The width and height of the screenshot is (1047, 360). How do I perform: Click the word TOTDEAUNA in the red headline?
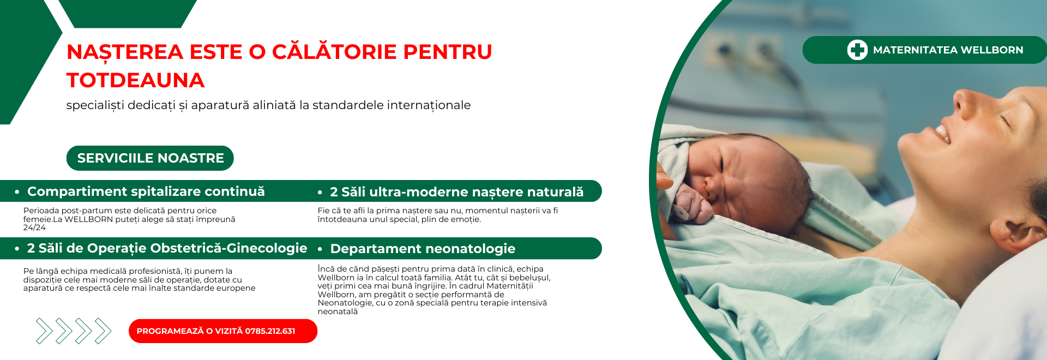[x=135, y=80]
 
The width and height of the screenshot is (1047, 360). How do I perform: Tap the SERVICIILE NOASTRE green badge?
[x=150, y=158]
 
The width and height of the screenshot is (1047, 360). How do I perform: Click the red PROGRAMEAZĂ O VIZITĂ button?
[x=223, y=331]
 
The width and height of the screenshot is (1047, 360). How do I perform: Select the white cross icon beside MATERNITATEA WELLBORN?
[x=857, y=50]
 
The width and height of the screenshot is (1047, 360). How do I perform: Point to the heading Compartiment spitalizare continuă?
[x=146, y=191]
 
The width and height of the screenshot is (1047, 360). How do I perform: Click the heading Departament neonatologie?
[x=423, y=249]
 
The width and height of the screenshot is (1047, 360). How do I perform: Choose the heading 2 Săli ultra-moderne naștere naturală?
[x=457, y=192]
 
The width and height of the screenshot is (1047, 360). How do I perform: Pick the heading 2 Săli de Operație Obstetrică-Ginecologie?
[x=167, y=248]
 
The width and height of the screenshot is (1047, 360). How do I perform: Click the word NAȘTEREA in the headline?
[x=125, y=52]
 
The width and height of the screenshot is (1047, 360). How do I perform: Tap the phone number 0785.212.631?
[x=270, y=331]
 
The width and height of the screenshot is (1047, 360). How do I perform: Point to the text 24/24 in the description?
[x=34, y=227]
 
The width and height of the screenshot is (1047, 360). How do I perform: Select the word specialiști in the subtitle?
[x=95, y=105]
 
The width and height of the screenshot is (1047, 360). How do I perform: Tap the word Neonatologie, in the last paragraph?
[x=345, y=303]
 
